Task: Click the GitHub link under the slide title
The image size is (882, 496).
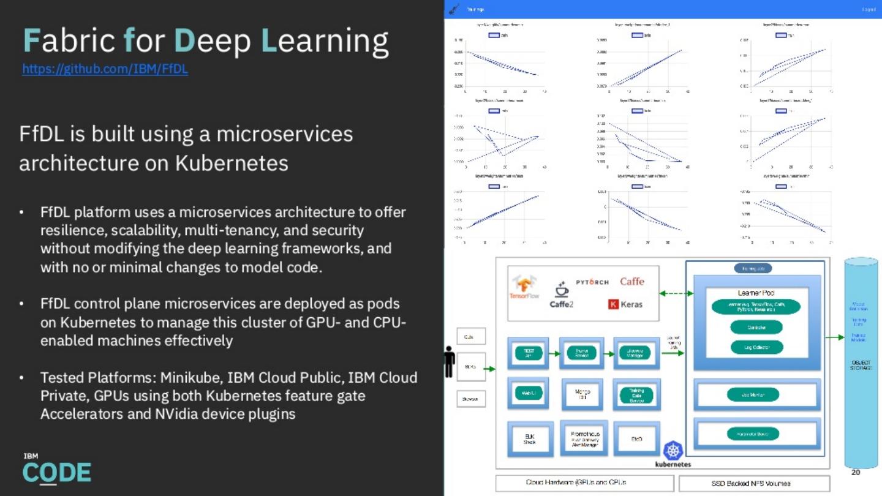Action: click(x=105, y=69)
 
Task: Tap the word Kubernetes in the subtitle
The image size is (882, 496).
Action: click(x=232, y=163)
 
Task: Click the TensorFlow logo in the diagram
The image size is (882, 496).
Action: click(x=524, y=287)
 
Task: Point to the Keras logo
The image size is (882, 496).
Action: click(x=625, y=304)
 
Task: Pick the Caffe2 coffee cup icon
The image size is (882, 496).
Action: click(x=561, y=290)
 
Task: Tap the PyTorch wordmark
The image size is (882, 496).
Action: click(x=592, y=282)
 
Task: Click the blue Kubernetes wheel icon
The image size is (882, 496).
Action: click(x=673, y=451)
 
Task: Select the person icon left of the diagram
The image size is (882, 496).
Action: click(x=450, y=362)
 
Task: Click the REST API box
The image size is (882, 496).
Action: click(x=529, y=353)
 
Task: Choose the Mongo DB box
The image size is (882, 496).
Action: click(x=582, y=394)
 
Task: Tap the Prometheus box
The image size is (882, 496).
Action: click(x=584, y=438)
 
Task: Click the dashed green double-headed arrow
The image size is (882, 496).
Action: click(x=676, y=293)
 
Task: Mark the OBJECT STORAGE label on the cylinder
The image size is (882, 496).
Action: click(x=861, y=365)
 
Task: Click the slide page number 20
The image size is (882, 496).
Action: click(x=856, y=472)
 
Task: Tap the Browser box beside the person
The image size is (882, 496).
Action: click(x=471, y=399)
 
